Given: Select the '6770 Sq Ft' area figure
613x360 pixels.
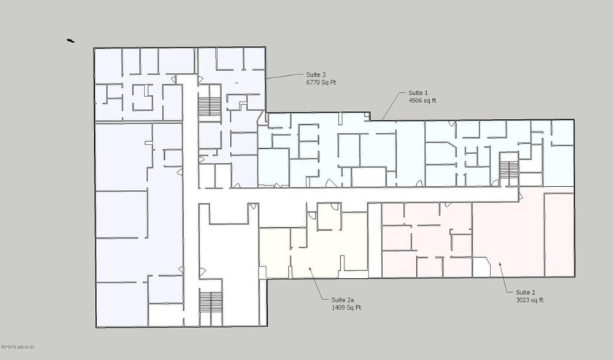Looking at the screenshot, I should click(321, 83).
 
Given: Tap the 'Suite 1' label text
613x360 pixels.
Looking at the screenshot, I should click(418, 93).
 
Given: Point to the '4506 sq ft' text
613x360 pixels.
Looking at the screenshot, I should click(422, 101).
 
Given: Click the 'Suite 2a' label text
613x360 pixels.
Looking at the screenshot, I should click(342, 300).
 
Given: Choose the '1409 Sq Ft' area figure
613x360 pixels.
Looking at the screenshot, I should click(346, 308).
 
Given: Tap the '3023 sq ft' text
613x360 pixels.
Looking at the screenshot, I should click(520, 300).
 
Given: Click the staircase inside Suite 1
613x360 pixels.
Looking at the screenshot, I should click(509, 169).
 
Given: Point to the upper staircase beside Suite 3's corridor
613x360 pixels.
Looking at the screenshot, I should click(209, 106).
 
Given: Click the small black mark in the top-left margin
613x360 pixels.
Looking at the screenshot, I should click(70, 41).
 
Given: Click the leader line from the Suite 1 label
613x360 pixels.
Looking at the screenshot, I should click(393, 106).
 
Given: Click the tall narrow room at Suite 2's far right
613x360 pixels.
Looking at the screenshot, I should click(558, 234).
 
